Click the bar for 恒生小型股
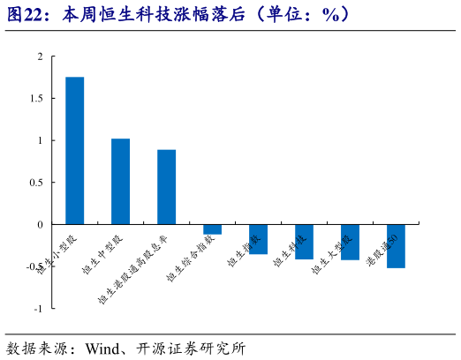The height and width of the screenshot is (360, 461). pyautogui.click(x=75, y=150)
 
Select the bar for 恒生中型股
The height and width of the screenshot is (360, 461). pyautogui.click(x=121, y=181)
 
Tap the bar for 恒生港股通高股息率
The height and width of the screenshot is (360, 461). pyautogui.click(x=167, y=187)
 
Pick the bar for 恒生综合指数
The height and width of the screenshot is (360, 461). pyautogui.click(x=212, y=229)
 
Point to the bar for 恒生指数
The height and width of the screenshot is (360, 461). pyautogui.click(x=258, y=239)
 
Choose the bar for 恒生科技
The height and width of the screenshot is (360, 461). pyautogui.click(x=304, y=241)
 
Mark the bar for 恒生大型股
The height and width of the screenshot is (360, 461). pyautogui.click(x=350, y=242)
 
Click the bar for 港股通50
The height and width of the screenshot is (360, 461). pyautogui.click(x=396, y=245)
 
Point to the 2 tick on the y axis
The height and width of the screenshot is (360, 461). pyautogui.click(x=40, y=56)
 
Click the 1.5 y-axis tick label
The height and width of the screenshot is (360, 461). pyautogui.click(x=35, y=99)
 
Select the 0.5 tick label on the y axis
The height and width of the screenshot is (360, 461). pyautogui.click(x=35, y=183)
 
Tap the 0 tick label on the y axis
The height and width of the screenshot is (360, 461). pyautogui.click(x=40, y=224)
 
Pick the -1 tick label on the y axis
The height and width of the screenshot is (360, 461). pyautogui.click(x=38, y=309)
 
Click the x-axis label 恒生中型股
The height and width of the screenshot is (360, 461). pyautogui.click(x=103, y=256)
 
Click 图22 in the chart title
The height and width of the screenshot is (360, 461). pyautogui.click(x=26, y=14)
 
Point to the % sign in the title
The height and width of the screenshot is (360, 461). pyautogui.click(x=334, y=14)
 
